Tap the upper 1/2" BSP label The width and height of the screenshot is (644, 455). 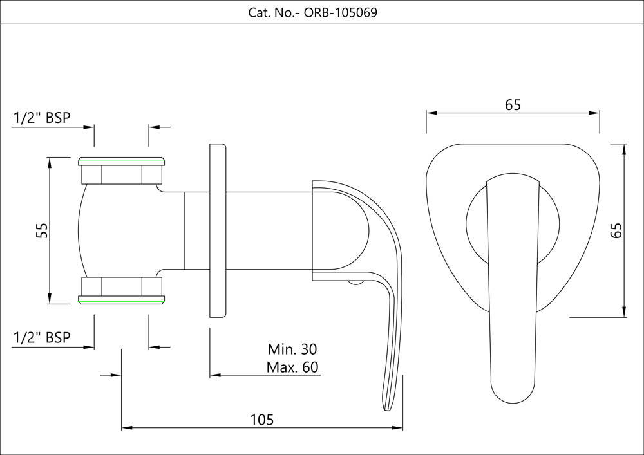tap(42, 118)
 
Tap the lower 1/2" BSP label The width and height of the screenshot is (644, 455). tap(42, 337)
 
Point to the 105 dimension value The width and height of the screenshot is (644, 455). tap(262, 420)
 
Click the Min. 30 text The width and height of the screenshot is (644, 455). tap(292, 349)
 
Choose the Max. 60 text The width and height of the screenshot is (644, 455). tap(292, 367)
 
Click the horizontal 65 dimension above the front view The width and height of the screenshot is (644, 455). tap(513, 105)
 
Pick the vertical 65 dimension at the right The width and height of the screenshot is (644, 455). tap(616, 230)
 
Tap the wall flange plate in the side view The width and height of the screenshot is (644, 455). tap(218, 230)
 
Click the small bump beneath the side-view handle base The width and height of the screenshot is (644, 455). tap(355, 282)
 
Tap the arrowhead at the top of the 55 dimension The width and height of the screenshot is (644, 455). tap(50, 162)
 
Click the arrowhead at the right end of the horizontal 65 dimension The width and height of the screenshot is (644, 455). tap(595, 113)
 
